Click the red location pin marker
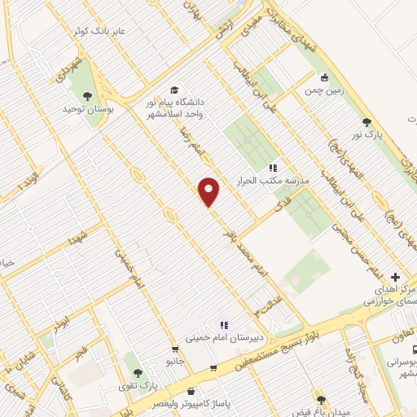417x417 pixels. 209,191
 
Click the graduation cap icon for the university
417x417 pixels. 173,90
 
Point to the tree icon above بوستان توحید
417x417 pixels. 87,95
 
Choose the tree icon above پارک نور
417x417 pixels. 366,121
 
